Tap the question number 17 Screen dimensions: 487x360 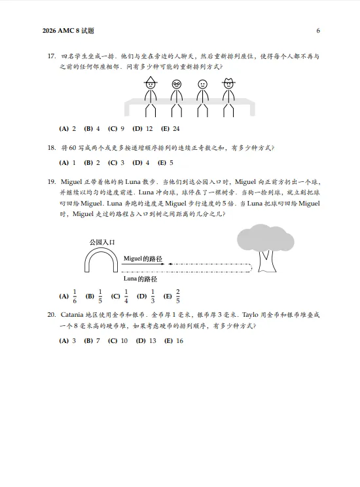(x=51, y=57)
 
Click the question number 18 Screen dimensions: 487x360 (x=51, y=148)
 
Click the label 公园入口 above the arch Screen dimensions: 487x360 (x=102, y=242)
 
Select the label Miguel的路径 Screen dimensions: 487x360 (x=143, y=259)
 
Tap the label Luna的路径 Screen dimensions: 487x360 (x=141, y=279)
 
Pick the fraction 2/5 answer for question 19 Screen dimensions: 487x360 (x=171, y=296)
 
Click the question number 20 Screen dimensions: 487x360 (x=51, y=315)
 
